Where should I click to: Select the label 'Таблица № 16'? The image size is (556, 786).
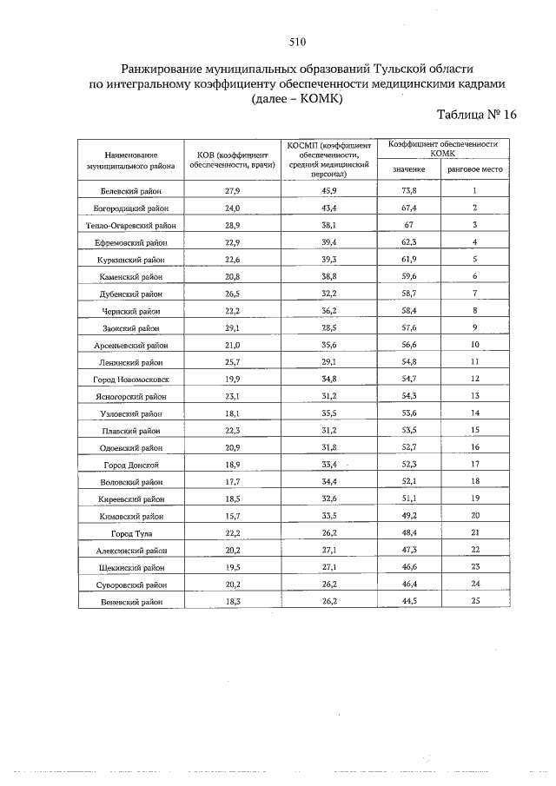coord(476,115)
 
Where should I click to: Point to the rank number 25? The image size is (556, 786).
coord(475,601)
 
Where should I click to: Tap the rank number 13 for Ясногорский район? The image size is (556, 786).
coord(475,396)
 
